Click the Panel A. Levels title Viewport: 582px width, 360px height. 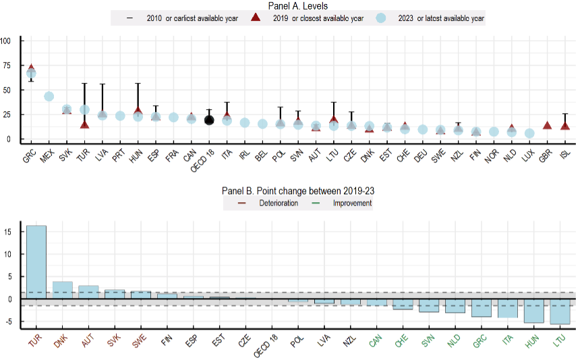coord(297,6)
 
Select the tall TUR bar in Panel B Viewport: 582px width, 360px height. coord(36,262)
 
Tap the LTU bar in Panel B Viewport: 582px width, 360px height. coord(560,311)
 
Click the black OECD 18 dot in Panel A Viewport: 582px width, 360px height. coord(209,120)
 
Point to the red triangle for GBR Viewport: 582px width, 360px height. coord(548,125)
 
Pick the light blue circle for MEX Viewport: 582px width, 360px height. coord(49,96)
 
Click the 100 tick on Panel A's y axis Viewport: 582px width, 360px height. coord(7,40)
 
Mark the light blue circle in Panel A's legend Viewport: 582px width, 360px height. coord(380,18)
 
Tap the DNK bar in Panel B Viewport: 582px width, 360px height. coord(62,290)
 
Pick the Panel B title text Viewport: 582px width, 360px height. coord(297,191)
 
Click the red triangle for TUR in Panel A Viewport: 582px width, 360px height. coord(84,124)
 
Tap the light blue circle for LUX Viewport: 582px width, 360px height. coord(529,133)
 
